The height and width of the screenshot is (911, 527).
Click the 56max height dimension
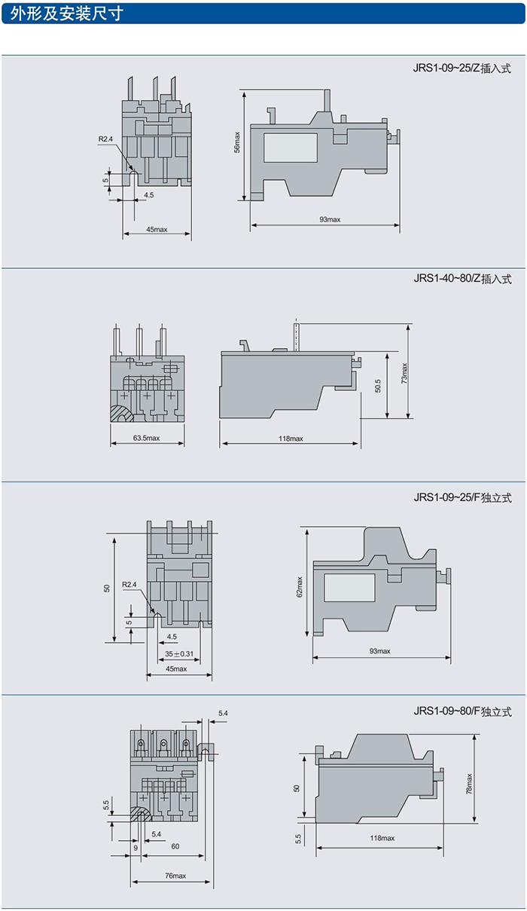236,143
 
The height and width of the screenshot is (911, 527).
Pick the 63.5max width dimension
146,438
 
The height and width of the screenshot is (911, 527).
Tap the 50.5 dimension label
378,385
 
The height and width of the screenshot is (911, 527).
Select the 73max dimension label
404,373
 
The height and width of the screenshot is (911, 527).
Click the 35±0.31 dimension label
179,653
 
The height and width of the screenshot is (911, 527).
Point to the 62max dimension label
300,587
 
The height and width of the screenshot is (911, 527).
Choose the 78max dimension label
468,784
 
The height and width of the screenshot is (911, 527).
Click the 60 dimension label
175,846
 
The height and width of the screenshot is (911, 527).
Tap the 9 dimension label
136,848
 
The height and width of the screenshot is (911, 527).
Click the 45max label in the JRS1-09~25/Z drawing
157,229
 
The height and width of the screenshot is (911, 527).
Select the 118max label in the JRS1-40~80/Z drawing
291,439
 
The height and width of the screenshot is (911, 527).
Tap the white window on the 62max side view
349,587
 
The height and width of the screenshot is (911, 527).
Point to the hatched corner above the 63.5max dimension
122,414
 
